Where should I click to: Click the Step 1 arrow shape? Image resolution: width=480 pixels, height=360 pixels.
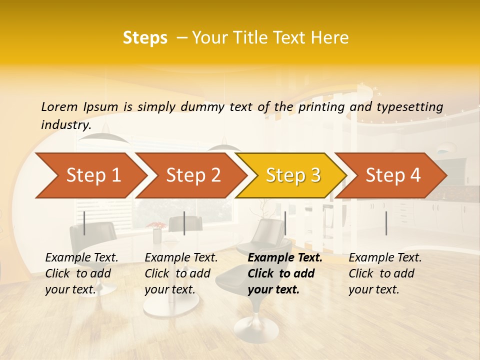click(90, 175)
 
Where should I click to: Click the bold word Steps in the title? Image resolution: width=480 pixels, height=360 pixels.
click(145, 38)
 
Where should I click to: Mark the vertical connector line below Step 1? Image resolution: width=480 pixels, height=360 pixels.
click(84, 223)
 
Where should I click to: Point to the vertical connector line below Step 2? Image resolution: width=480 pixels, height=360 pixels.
click(184, 223)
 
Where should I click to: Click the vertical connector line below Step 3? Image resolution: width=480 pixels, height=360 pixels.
click(285, 223)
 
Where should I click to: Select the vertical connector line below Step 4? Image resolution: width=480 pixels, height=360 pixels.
click(386, 223)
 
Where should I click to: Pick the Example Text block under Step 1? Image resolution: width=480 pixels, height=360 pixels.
click(81, 273)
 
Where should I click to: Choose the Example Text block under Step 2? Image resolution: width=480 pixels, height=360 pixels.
click(181, 273)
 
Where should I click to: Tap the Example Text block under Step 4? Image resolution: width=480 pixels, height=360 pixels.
click(385, 273)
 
